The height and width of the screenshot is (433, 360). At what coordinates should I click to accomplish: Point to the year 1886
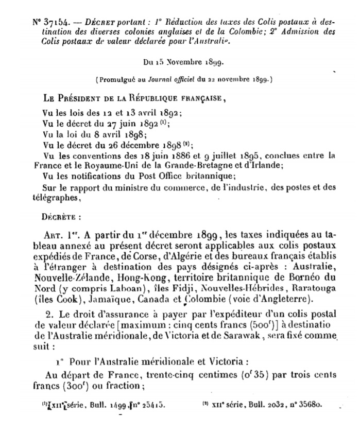pyautogui.click(x=190, y=154)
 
